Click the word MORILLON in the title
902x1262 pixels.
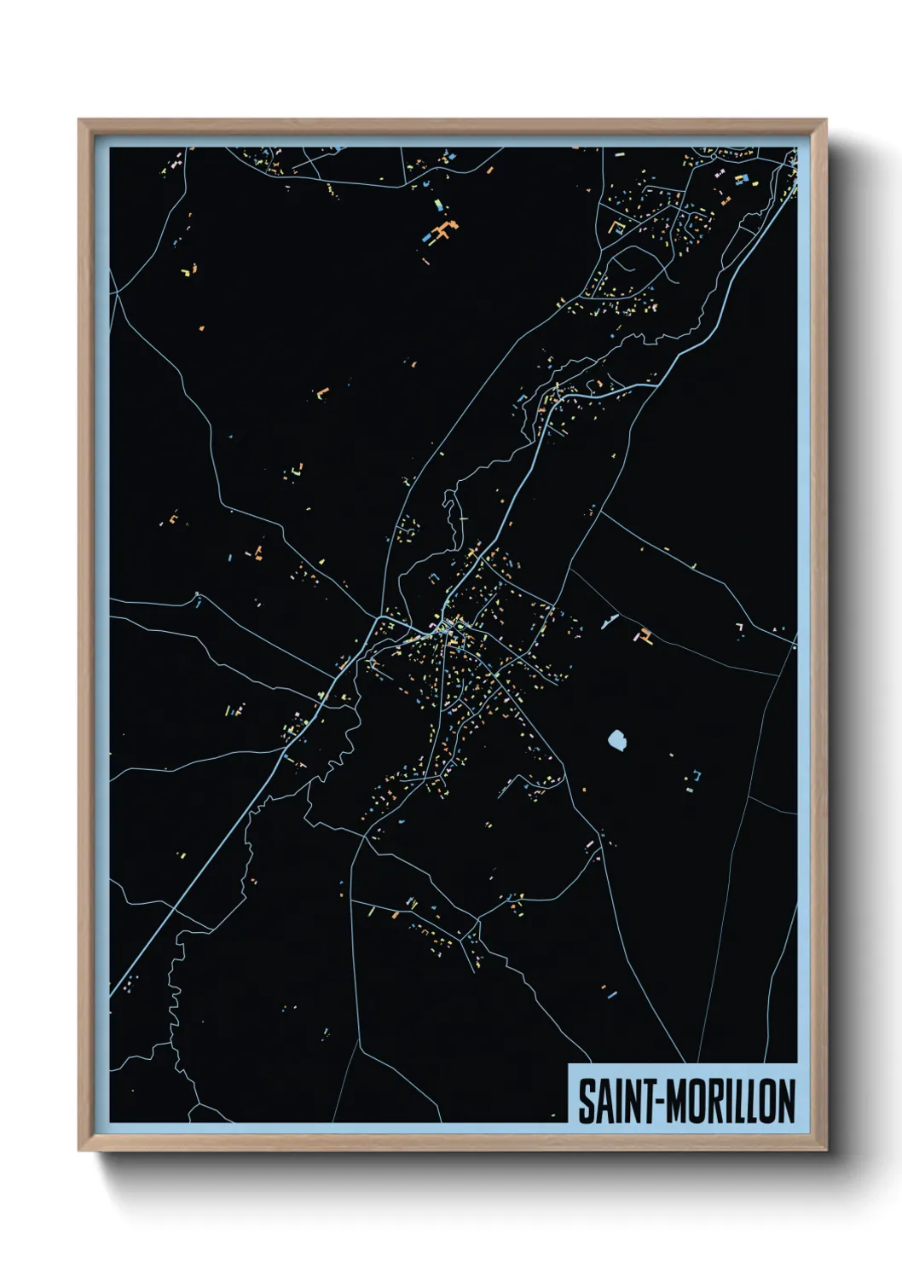click(x=730, y=1101)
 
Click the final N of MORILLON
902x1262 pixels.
click(x=786, y=1101)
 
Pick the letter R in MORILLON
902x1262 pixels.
click(x=713, y=1101)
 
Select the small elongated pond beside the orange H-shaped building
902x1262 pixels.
click(x=608, y=622)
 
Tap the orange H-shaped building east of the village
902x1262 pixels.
click(x=645, y=635)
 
